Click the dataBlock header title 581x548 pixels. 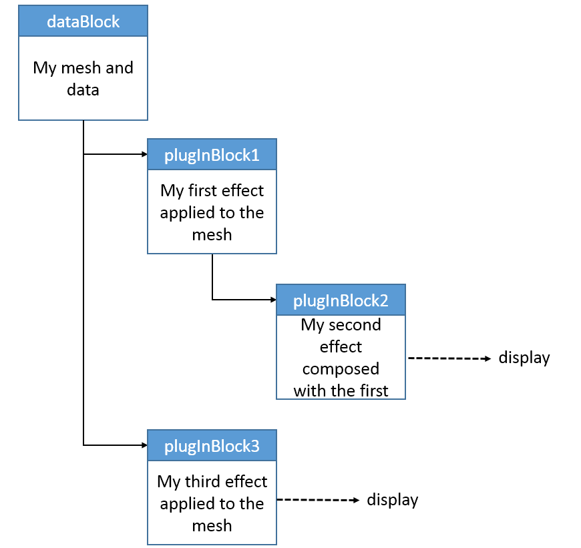point(83,21)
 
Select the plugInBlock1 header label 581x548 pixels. point(212,156)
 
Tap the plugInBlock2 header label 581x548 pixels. point(341,301)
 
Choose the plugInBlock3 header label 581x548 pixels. point(212,447)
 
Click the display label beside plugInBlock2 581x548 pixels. point(524,358)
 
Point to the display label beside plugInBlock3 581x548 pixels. point(393,500)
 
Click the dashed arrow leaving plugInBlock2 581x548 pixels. point(449,358)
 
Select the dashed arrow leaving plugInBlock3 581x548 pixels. point(319,500)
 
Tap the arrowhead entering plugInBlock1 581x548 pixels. point(144,154)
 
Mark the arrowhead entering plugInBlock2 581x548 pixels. point(273,300)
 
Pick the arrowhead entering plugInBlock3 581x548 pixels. point(144,445)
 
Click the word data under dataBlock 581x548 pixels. point(83,90)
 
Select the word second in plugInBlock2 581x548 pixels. point(355,325)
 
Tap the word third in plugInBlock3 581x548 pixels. point(202,482)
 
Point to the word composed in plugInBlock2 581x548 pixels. point(341,370)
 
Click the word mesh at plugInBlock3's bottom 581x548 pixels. point(212,526)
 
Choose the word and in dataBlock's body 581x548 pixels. point(120,68)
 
